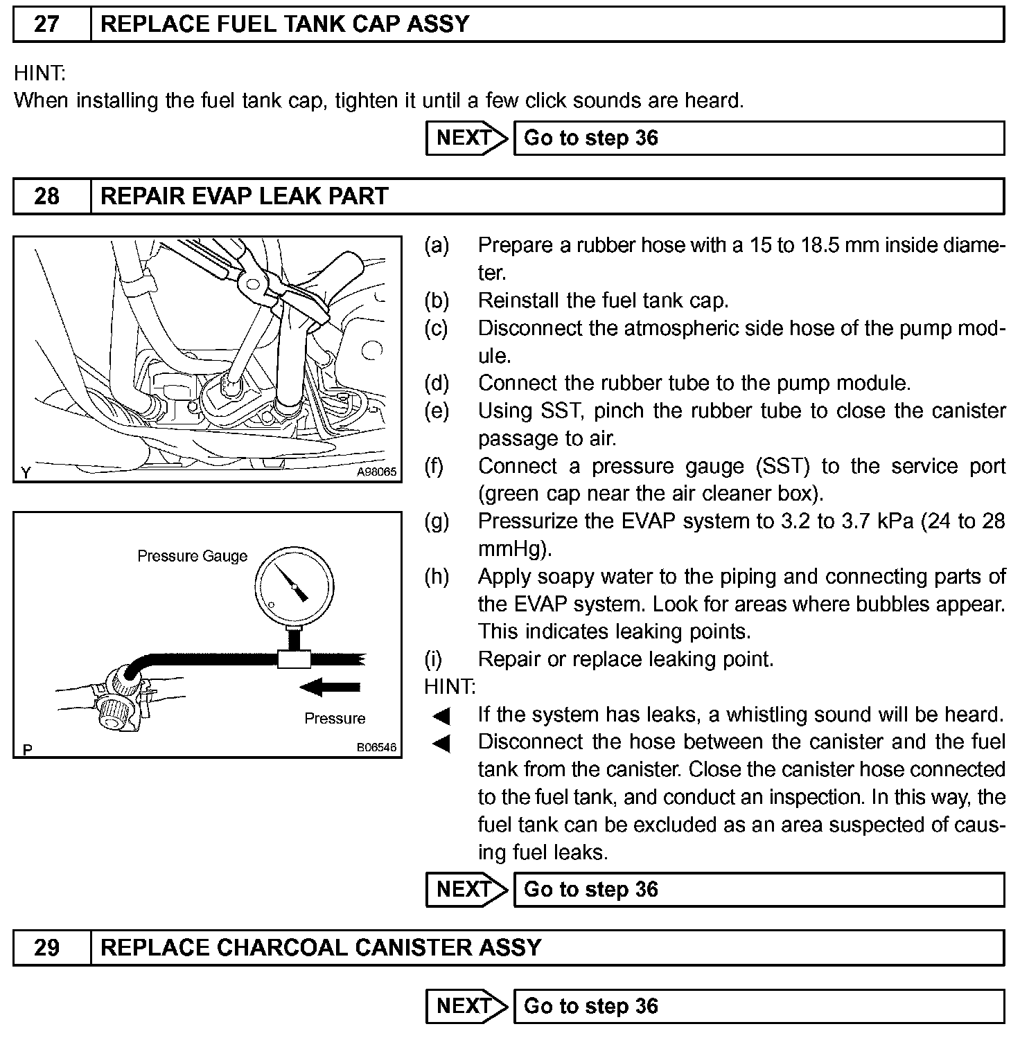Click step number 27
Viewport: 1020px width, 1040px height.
point(46,24)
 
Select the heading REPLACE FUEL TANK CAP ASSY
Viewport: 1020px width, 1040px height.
point(285,24)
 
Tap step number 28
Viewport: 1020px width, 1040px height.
point(46,196)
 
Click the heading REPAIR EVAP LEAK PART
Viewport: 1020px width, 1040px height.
point(244,196)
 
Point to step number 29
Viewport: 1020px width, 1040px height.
point(46,947)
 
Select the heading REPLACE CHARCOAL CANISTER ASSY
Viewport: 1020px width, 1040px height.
point(321,947)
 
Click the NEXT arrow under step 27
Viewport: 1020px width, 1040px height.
point(467,138)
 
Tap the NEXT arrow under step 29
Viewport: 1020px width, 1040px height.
point(467,1005)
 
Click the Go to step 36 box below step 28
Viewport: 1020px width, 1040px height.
point(758,889)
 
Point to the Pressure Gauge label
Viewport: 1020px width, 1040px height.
point(192,556)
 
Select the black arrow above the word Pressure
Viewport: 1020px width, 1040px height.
point(331,687)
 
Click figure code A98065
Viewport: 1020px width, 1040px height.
point(376,472)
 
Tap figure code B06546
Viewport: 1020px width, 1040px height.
point(376,748)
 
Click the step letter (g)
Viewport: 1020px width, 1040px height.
point(437,521)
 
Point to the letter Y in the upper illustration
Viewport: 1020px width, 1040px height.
point(26,473)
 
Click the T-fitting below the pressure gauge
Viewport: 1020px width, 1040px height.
point(294,658)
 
